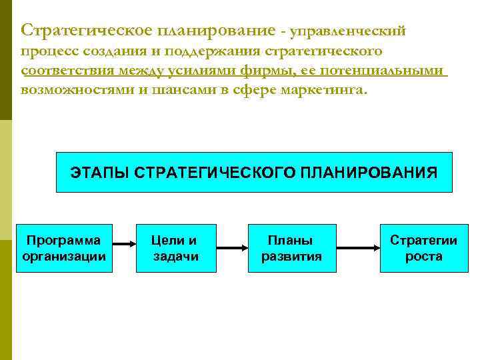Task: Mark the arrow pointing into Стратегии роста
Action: point(357,249)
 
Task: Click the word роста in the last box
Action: point(423,257)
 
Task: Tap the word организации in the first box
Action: point(64,257)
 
